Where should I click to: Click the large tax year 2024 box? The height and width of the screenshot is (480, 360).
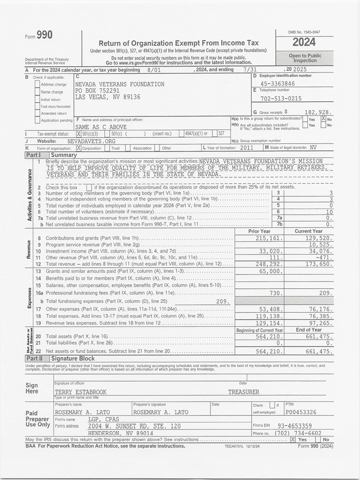(x=304, y=42)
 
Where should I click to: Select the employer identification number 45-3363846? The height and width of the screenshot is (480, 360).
(x=277, y=83)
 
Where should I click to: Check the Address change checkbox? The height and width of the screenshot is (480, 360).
(x=37, y=84)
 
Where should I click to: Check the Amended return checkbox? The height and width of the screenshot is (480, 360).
(x=37, y=113)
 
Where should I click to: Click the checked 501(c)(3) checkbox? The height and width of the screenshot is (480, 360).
(x=78, y=134)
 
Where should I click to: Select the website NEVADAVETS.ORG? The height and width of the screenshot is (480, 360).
(x=91, y=141)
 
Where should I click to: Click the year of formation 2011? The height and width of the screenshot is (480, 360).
(x=246, y=148)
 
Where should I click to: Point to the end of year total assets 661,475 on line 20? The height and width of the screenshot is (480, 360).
(x=318, y=337)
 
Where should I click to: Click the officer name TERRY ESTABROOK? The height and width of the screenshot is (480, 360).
(x=80, y=392)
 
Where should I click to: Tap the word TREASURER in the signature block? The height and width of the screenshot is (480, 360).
(x=243, y=392)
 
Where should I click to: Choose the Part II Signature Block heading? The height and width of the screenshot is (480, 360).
(x=72, y=358)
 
